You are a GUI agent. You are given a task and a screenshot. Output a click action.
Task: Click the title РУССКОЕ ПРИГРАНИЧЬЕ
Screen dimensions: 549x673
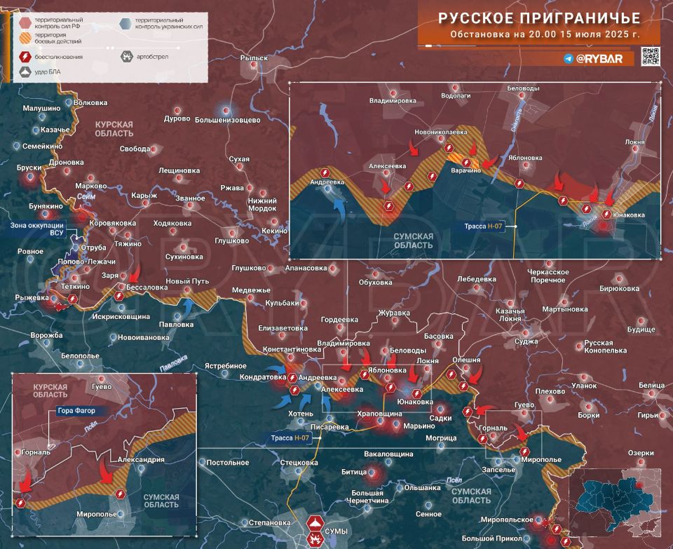coord(539,18)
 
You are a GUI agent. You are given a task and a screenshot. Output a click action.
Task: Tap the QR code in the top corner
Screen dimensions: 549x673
coord(651,57)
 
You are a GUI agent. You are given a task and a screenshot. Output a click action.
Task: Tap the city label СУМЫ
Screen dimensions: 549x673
coord(336,531)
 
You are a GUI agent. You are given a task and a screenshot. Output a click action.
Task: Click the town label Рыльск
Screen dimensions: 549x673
coord(254,58)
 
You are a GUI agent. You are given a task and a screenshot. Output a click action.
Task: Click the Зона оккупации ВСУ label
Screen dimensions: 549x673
coord(37,231)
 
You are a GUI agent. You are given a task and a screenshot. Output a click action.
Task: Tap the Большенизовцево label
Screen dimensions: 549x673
coord(228,120)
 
